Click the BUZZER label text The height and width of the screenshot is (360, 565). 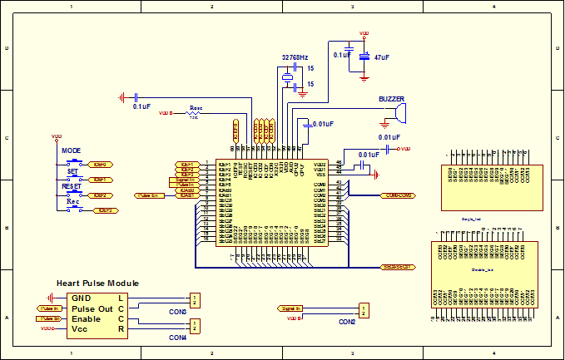pos(392,99)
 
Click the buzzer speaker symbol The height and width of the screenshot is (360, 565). pos(401,111)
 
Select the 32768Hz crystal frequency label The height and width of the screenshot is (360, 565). pos(295,57)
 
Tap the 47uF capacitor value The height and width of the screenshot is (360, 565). pos(383,58)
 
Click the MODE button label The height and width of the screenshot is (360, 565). pos(71,150)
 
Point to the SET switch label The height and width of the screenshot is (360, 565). pos(72,170)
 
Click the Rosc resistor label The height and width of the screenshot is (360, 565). pos(196,107)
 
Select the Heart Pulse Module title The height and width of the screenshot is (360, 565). pos(97,284)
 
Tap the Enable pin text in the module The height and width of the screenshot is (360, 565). pos(86,319)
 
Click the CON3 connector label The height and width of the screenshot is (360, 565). pos(178,312)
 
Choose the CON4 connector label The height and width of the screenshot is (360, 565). pos(178,338)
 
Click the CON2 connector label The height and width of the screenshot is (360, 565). pos(347,322)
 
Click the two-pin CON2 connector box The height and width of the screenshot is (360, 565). pos(364,309)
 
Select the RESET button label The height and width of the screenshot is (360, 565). pos(72,187)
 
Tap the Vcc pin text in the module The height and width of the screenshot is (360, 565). pos(81,330)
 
